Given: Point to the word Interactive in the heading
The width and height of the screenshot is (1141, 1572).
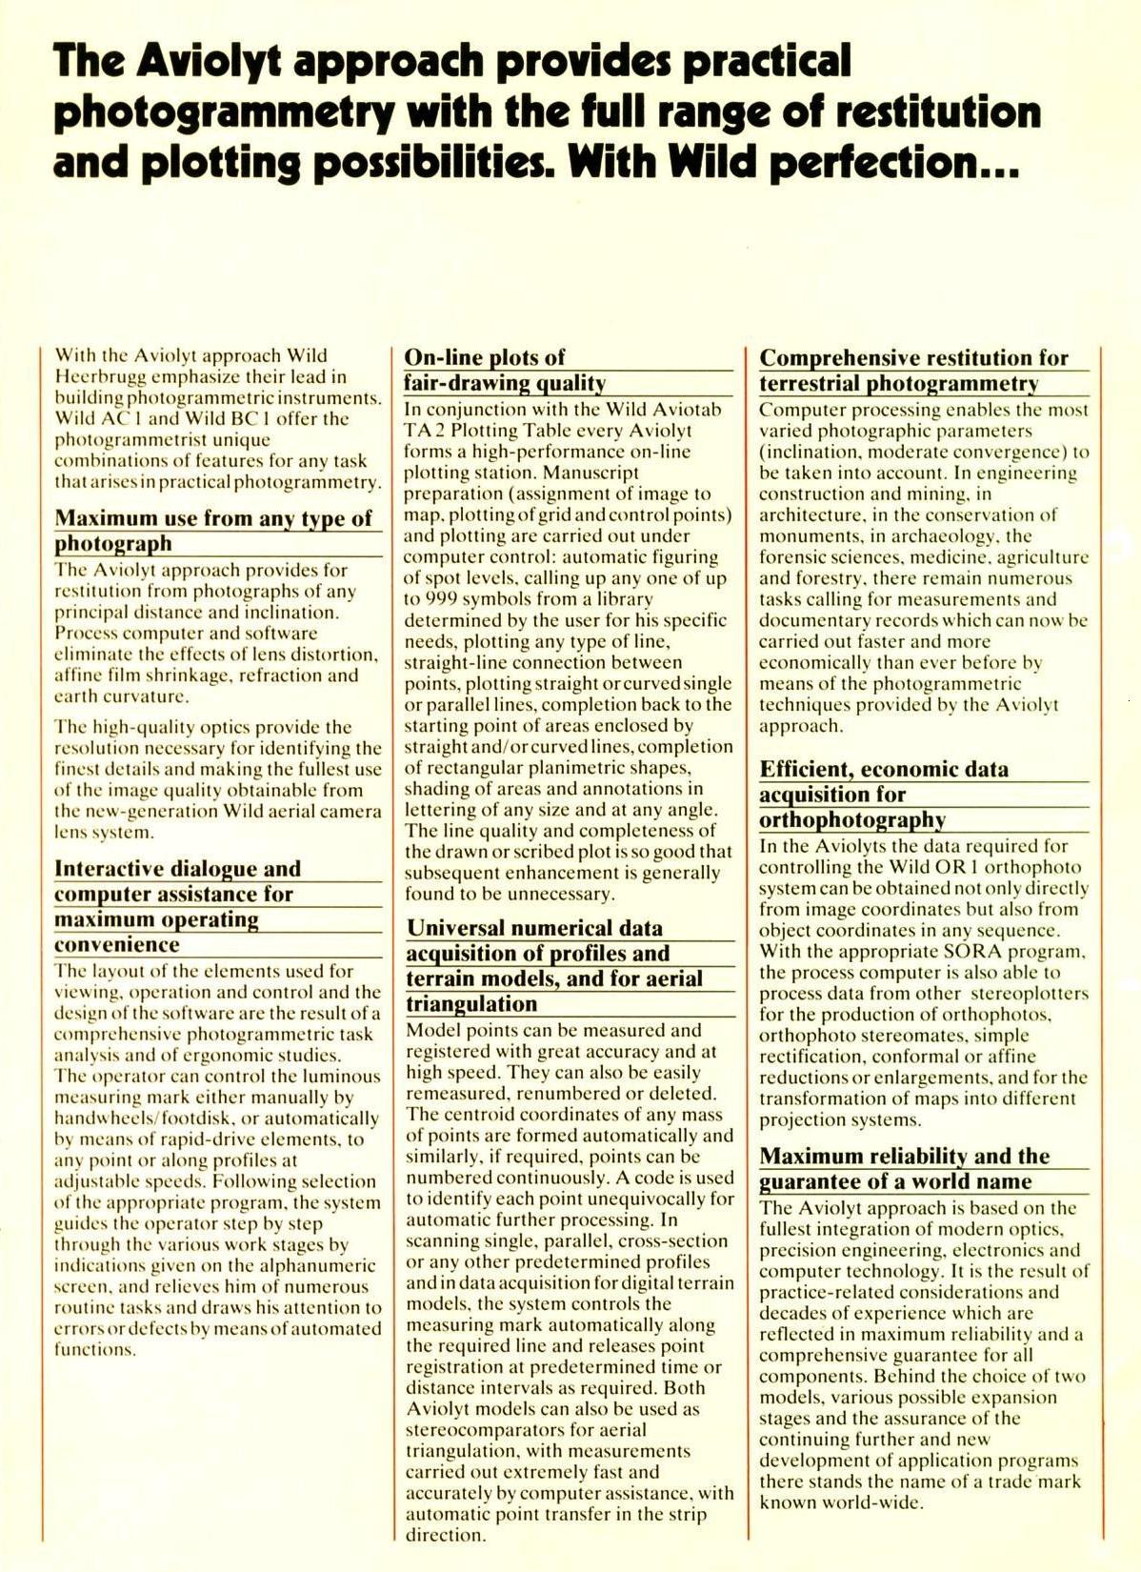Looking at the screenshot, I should pyautogui.click(x=110, y=869).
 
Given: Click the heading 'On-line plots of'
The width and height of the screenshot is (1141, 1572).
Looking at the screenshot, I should pyautogui.click(x=485, y=357).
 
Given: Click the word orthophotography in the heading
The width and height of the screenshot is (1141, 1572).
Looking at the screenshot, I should pyautogui.click(x=852, y=820).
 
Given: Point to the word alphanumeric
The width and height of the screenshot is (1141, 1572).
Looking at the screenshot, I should pyautogui.click(x=322, y=1266).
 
